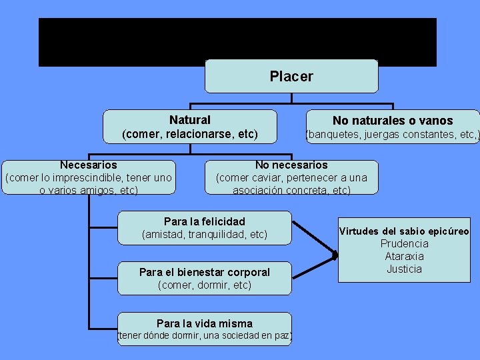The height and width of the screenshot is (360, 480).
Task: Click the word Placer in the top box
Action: point(291,76)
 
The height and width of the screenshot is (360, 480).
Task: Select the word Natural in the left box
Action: point(189,120)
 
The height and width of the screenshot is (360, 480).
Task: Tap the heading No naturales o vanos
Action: point(393,121)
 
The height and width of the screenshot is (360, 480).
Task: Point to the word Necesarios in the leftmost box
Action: point(88,165)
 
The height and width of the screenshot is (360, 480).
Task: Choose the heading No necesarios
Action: point(291,165)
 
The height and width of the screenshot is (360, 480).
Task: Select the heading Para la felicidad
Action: point(205,221)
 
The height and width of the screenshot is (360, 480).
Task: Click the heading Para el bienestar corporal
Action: point(205,272)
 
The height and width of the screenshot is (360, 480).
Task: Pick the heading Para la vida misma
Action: point(205,323)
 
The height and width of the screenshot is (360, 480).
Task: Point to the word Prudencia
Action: point(404,244)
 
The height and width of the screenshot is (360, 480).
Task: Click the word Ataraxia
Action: point(404,257)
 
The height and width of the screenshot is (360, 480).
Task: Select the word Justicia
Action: point(404,269)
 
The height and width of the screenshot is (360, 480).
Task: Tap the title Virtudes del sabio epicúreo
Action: point(404,231)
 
